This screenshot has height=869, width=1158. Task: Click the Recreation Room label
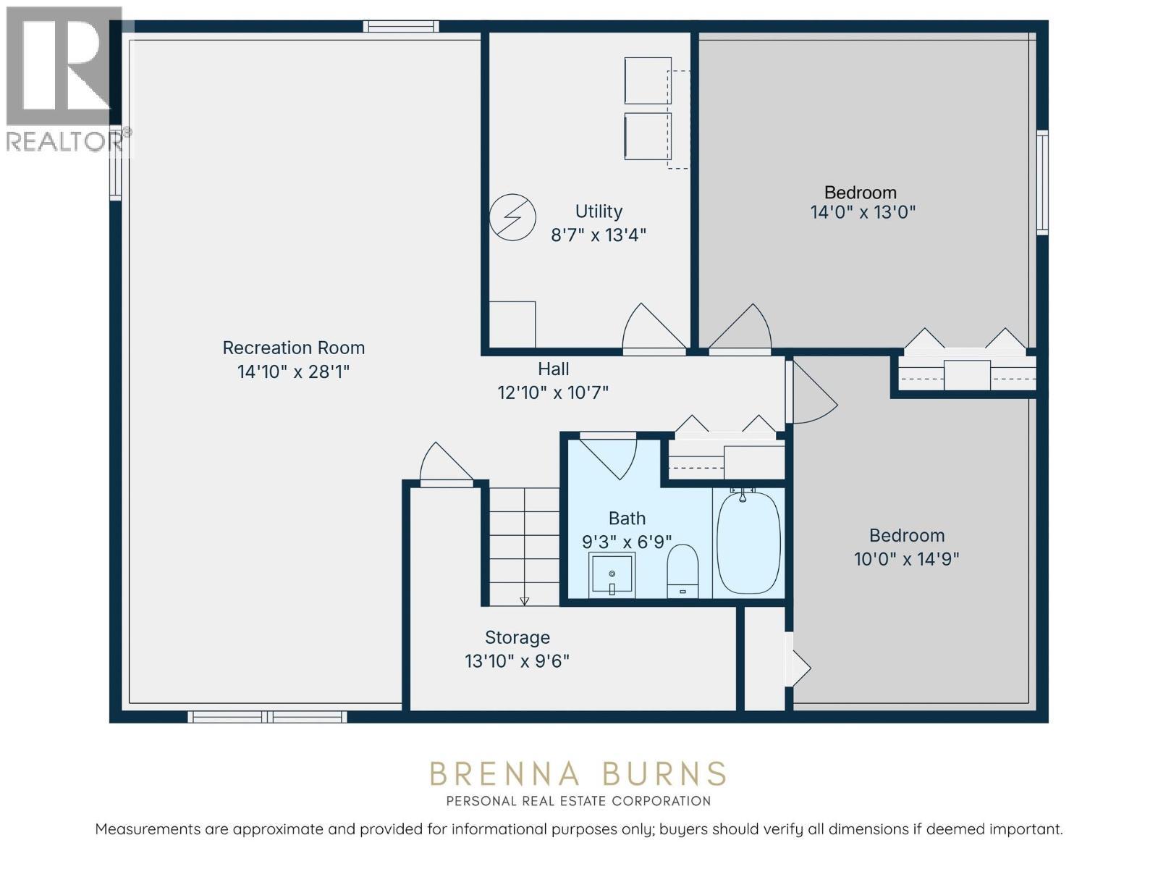293,348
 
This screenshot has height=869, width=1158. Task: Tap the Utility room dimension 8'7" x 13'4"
598,235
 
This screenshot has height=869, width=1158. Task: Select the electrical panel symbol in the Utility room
512,217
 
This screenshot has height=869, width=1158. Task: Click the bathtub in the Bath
748,543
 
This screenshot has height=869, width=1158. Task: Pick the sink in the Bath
612,574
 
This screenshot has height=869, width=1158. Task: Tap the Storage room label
517,637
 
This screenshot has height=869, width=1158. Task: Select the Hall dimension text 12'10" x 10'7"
553,392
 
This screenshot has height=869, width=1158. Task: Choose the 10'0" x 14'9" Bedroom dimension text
906,559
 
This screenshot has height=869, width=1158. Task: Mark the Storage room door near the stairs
444,463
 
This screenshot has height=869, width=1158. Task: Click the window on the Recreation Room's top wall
401,27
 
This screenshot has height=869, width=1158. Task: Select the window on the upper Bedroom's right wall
1042,182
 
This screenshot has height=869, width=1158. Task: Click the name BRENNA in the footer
504,774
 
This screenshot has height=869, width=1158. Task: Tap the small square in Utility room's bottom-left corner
512,324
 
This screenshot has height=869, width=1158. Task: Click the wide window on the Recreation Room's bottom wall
267,717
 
